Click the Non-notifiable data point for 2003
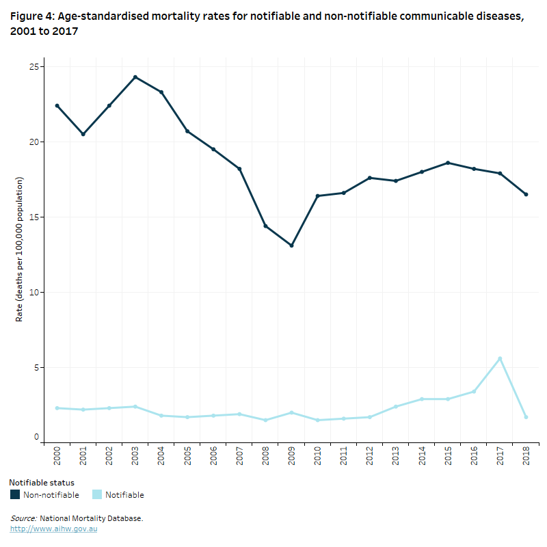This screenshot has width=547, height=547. tap(135, 77)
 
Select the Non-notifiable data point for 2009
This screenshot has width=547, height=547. tap(291, 245)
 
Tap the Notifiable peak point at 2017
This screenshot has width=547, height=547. tap(500, 358)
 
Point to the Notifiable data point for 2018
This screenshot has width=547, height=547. tap(526, 417)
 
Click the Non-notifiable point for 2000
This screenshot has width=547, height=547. tap(57, 106)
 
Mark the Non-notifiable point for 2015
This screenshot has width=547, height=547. tap(448, 163)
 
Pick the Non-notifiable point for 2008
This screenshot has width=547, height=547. tap(265, 226)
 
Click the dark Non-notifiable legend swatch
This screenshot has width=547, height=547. tap(15, 494)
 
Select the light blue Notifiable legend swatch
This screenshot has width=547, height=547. tap(96, 494)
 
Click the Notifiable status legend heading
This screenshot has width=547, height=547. tap(42, 483)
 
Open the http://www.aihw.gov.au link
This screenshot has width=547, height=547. tap(53, 529)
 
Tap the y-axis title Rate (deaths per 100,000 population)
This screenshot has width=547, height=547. tap(20, 250)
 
